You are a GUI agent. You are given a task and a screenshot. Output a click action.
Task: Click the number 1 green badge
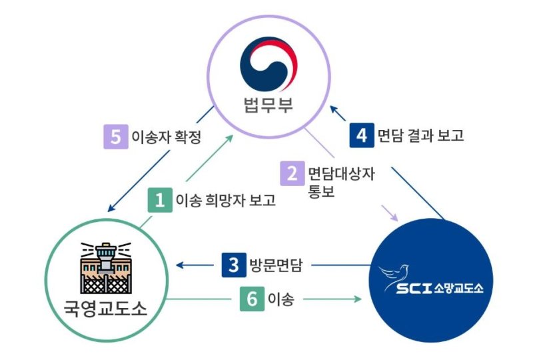[x=160, y=200]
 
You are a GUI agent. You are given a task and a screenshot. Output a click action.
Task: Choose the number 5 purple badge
[x=115, y=137]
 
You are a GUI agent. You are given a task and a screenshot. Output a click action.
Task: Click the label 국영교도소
[x=106, y=311]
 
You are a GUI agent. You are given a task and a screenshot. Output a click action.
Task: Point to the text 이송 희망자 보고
[x=225, y=200]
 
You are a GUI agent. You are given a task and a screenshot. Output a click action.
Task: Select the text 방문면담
[x=276, y=265]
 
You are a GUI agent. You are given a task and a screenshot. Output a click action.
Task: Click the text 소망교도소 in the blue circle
[x=459, y=289]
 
